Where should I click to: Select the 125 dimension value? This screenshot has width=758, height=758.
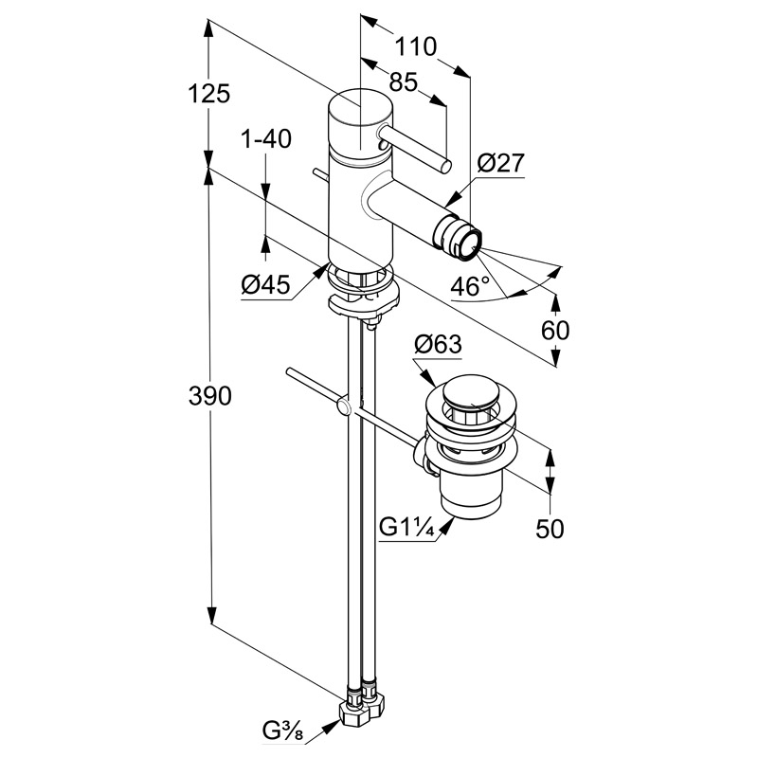[x=209, y=93]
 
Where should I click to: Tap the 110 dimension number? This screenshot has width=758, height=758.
[x=415, y=46]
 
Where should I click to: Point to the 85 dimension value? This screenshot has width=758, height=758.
[x=404, y=82]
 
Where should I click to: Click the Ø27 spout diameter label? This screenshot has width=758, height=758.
[x=500, y=163]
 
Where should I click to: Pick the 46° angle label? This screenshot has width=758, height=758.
[x=470, y=285]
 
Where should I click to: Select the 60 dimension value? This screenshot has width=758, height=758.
[x=555, y=331]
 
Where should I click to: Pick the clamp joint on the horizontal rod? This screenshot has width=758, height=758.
[x=345, y=407]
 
